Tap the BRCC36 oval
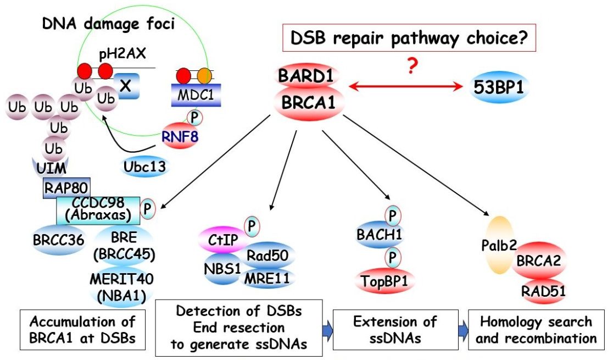(x=55, y=240)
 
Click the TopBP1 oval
(x=384, y=281)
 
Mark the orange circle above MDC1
(x=204, y=75)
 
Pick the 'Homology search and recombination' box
(x=536, y=329)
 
